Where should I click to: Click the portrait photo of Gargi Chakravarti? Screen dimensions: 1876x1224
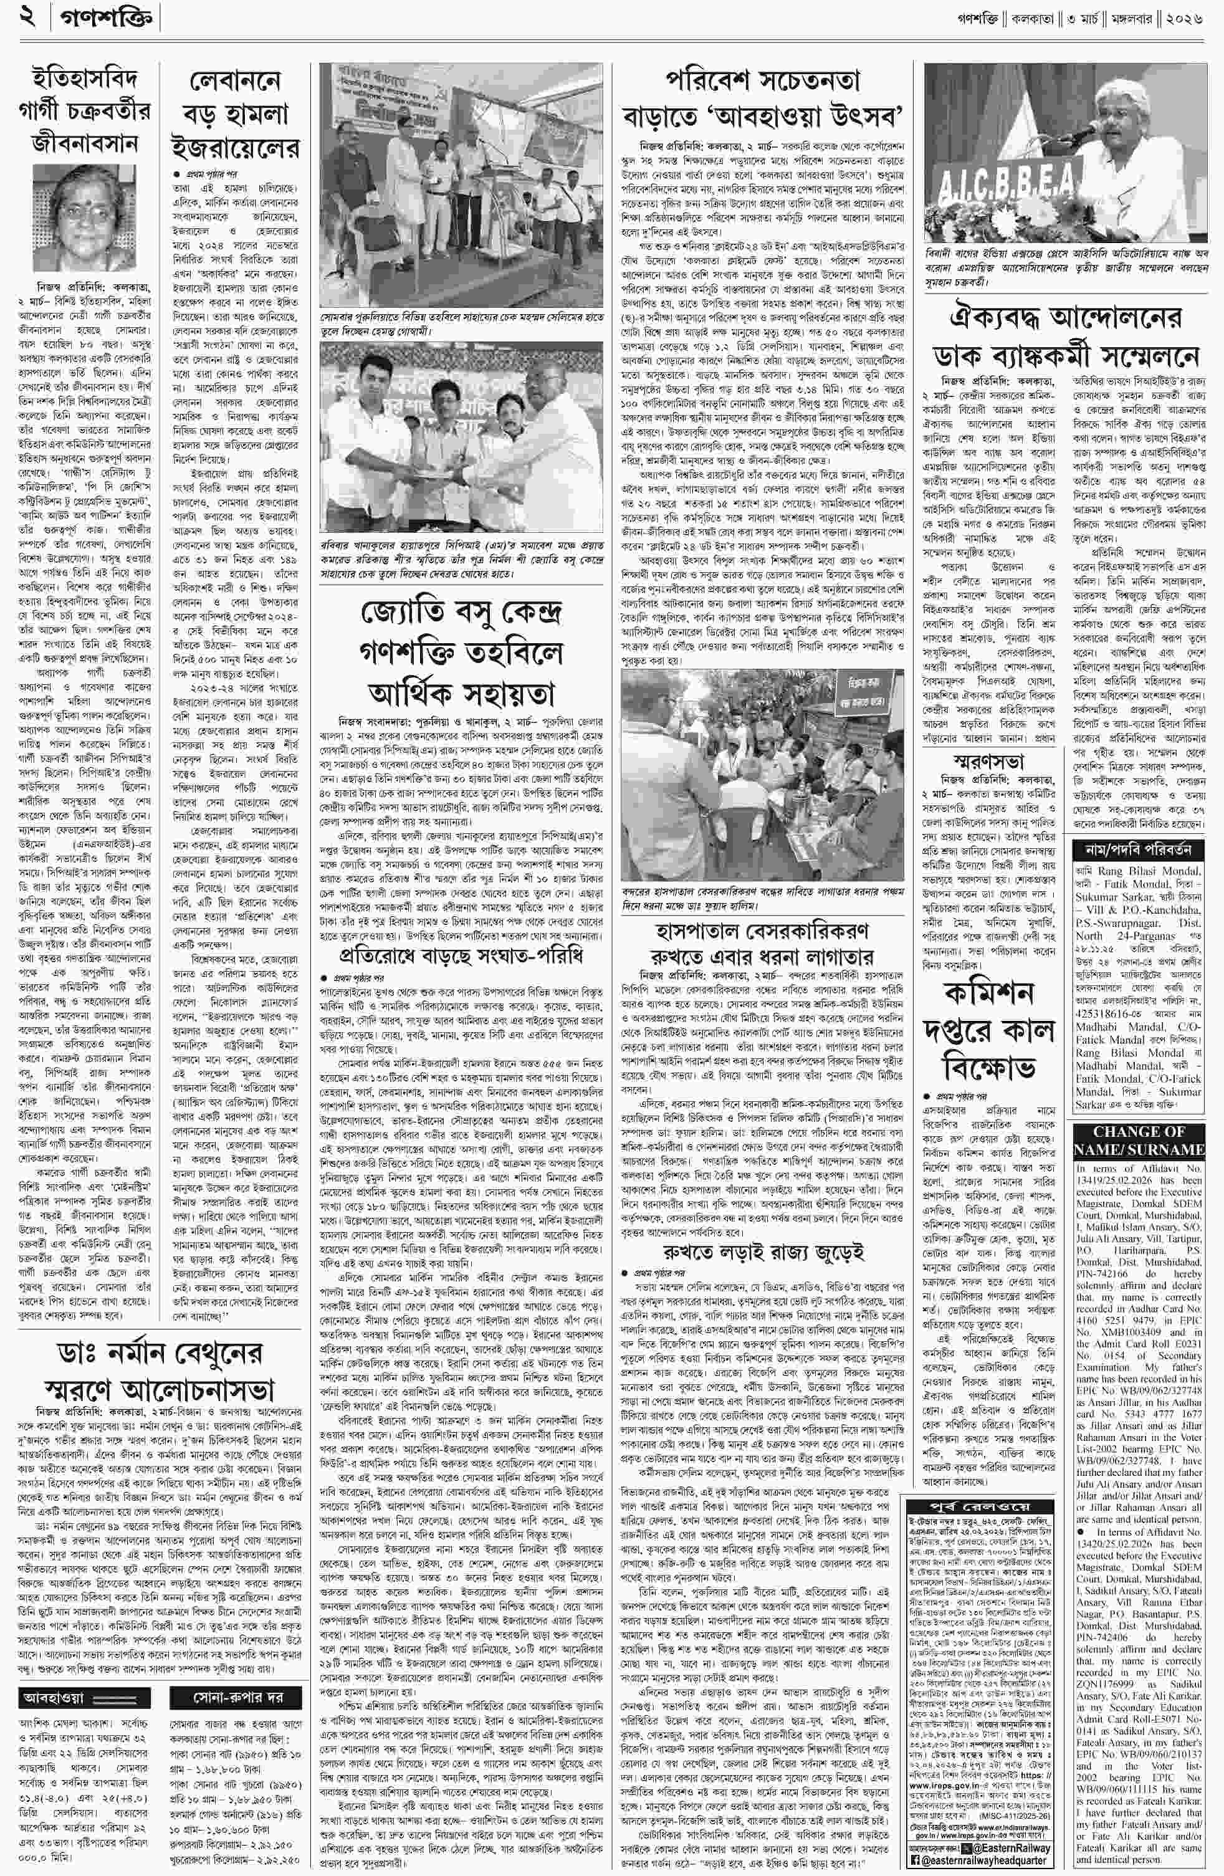tap(75, 218)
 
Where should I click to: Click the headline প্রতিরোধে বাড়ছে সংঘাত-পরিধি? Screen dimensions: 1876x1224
tap(461, 955)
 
